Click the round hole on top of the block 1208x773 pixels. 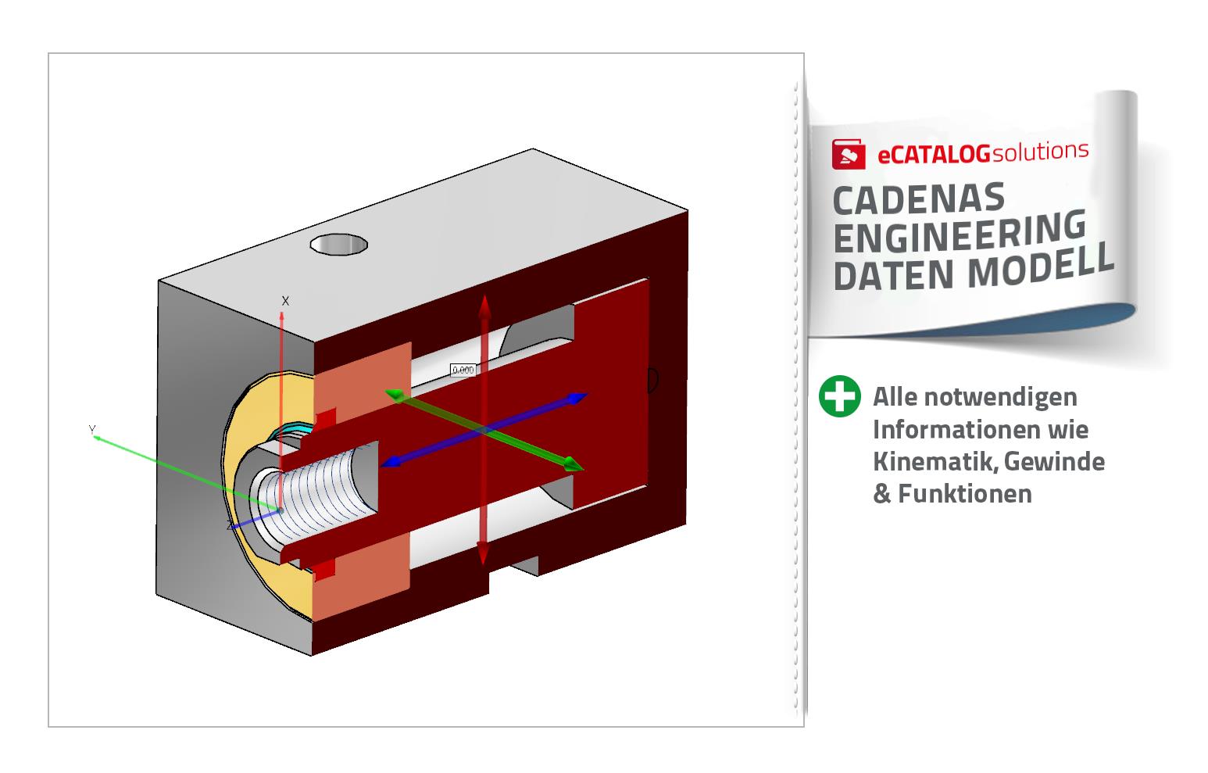(338, 244)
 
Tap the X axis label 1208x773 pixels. (285, 301)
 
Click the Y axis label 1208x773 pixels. (91, 430)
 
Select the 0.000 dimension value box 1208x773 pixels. (463, 370)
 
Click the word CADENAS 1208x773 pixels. (918, 200)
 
